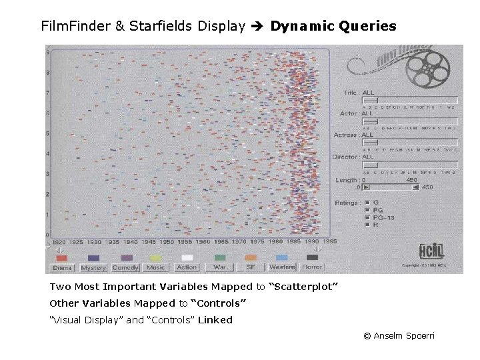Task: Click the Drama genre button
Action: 62,267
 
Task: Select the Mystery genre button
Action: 93,267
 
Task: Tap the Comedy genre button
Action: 125,267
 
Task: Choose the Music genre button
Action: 156,267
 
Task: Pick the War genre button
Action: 219,267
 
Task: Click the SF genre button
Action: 251,267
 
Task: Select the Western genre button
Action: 282,267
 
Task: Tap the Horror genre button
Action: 312,267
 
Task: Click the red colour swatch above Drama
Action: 61,258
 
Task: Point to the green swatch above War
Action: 219,258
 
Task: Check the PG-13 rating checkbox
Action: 367,217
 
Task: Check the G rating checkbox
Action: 367,202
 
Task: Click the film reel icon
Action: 424,67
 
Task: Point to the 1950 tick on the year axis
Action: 167,242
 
